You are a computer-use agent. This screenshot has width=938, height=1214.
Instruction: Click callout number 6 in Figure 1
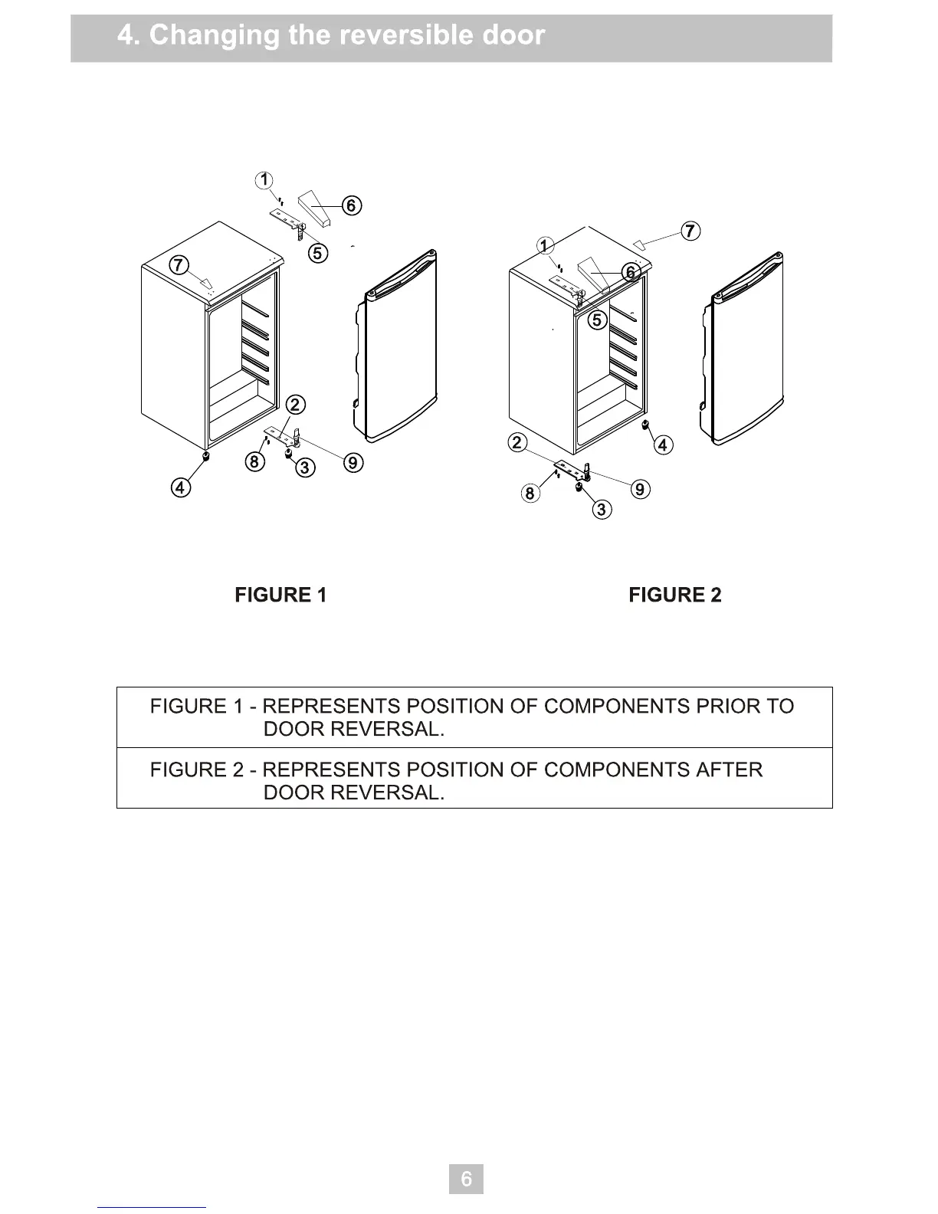351,205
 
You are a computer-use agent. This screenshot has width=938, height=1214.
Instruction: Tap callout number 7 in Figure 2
690,231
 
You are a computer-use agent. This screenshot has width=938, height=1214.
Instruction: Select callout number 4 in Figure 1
181,487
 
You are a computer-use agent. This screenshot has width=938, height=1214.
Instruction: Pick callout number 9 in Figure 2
641,489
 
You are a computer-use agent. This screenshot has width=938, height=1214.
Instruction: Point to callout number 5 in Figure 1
318,252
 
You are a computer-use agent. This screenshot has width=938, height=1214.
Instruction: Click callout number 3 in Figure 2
602,510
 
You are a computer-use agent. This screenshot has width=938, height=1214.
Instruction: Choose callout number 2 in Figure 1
295,405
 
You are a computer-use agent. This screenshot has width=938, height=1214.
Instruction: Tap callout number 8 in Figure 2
530,493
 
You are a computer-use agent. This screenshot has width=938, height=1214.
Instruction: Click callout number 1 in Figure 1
264,181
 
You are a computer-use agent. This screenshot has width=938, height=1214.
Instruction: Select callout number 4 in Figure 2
663,445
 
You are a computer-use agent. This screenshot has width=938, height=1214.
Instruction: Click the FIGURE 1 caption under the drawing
280,596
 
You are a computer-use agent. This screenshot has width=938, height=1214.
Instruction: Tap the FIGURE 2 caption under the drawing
674,596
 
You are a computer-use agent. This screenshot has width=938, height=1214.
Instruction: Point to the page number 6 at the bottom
466,1178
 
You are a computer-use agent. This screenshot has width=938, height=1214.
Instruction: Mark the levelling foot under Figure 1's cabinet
205,457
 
